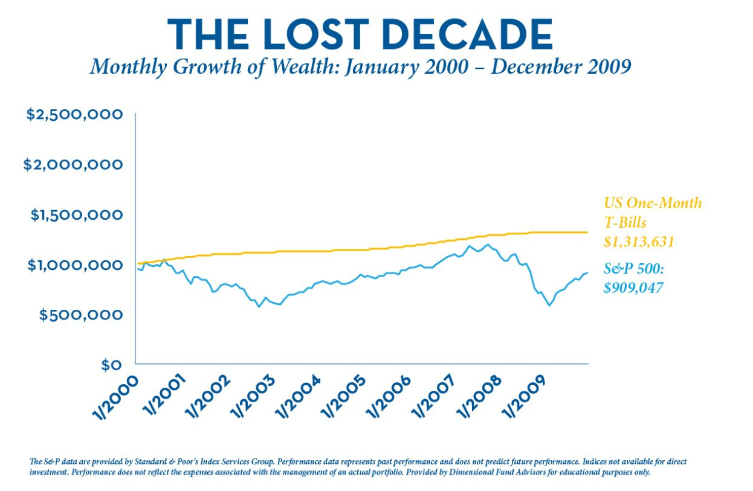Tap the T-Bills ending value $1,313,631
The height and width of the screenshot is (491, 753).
[x=639, y=242]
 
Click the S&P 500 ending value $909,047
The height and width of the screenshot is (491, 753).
[x=633, y=287]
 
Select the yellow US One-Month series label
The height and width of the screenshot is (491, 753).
[x=653, y=203]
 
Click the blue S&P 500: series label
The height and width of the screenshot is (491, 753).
[x=629, y=269]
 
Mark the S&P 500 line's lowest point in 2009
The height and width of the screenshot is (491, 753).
[x=549, y=306]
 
